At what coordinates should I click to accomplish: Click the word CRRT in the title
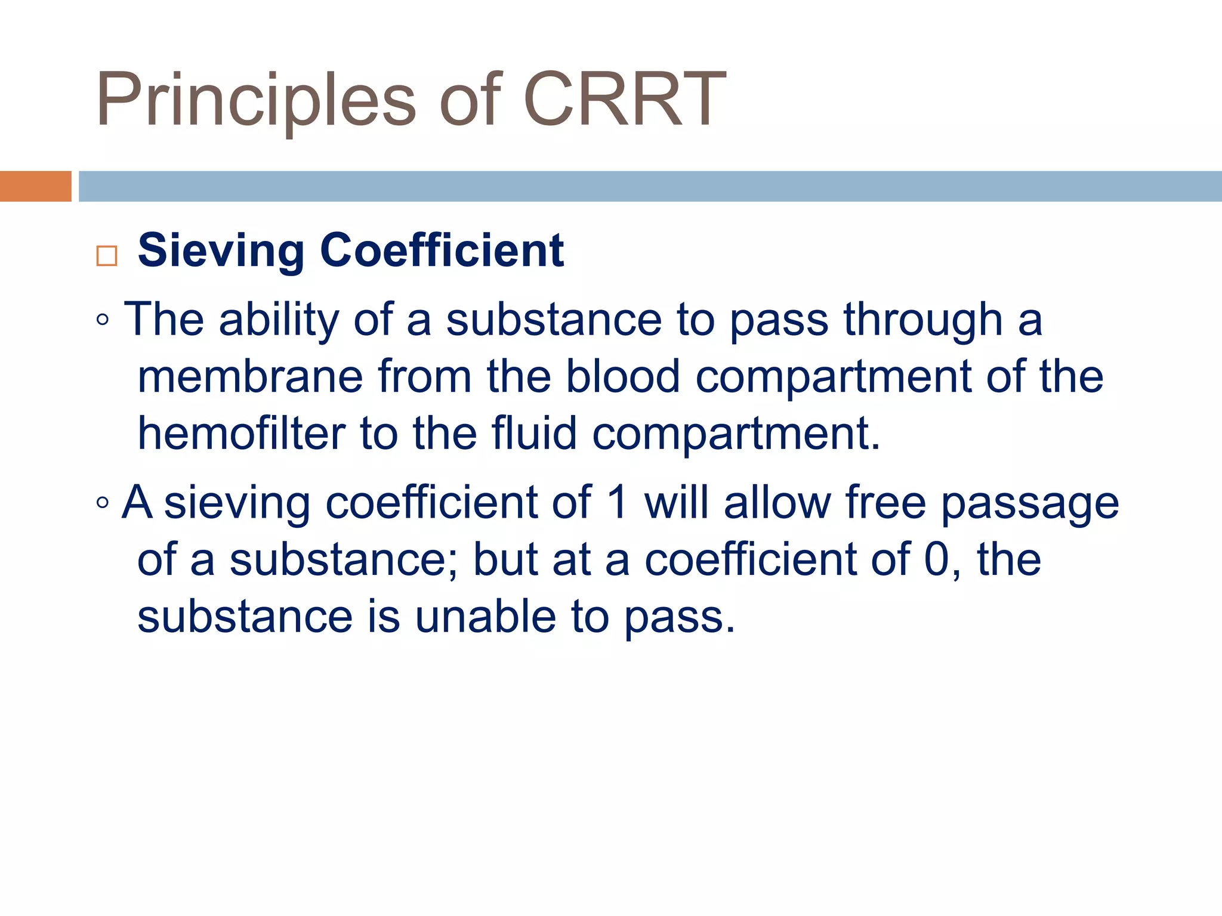[x=625, y=100]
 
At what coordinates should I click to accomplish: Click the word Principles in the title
[x=255, y=100]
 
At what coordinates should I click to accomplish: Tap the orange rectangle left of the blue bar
[x=35, y=186]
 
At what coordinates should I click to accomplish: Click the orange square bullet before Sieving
[x=107, y=256]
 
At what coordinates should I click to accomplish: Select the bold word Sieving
[x=221, y=250]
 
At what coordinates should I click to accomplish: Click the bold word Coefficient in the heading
[x=442, y=250]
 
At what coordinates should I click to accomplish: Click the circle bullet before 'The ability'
[x=103, y=320]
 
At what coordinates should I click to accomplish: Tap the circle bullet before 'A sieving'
[x=103, y=503]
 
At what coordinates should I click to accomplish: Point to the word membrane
[x=250, y=377]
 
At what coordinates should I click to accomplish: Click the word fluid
[x=534, y=434]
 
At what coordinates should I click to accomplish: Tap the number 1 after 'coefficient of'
[x=618, y=502]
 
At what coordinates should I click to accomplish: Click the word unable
[x=485, y=617]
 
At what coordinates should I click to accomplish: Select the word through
[x=922, y=321]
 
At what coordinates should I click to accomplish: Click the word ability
[x=279, y=321]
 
